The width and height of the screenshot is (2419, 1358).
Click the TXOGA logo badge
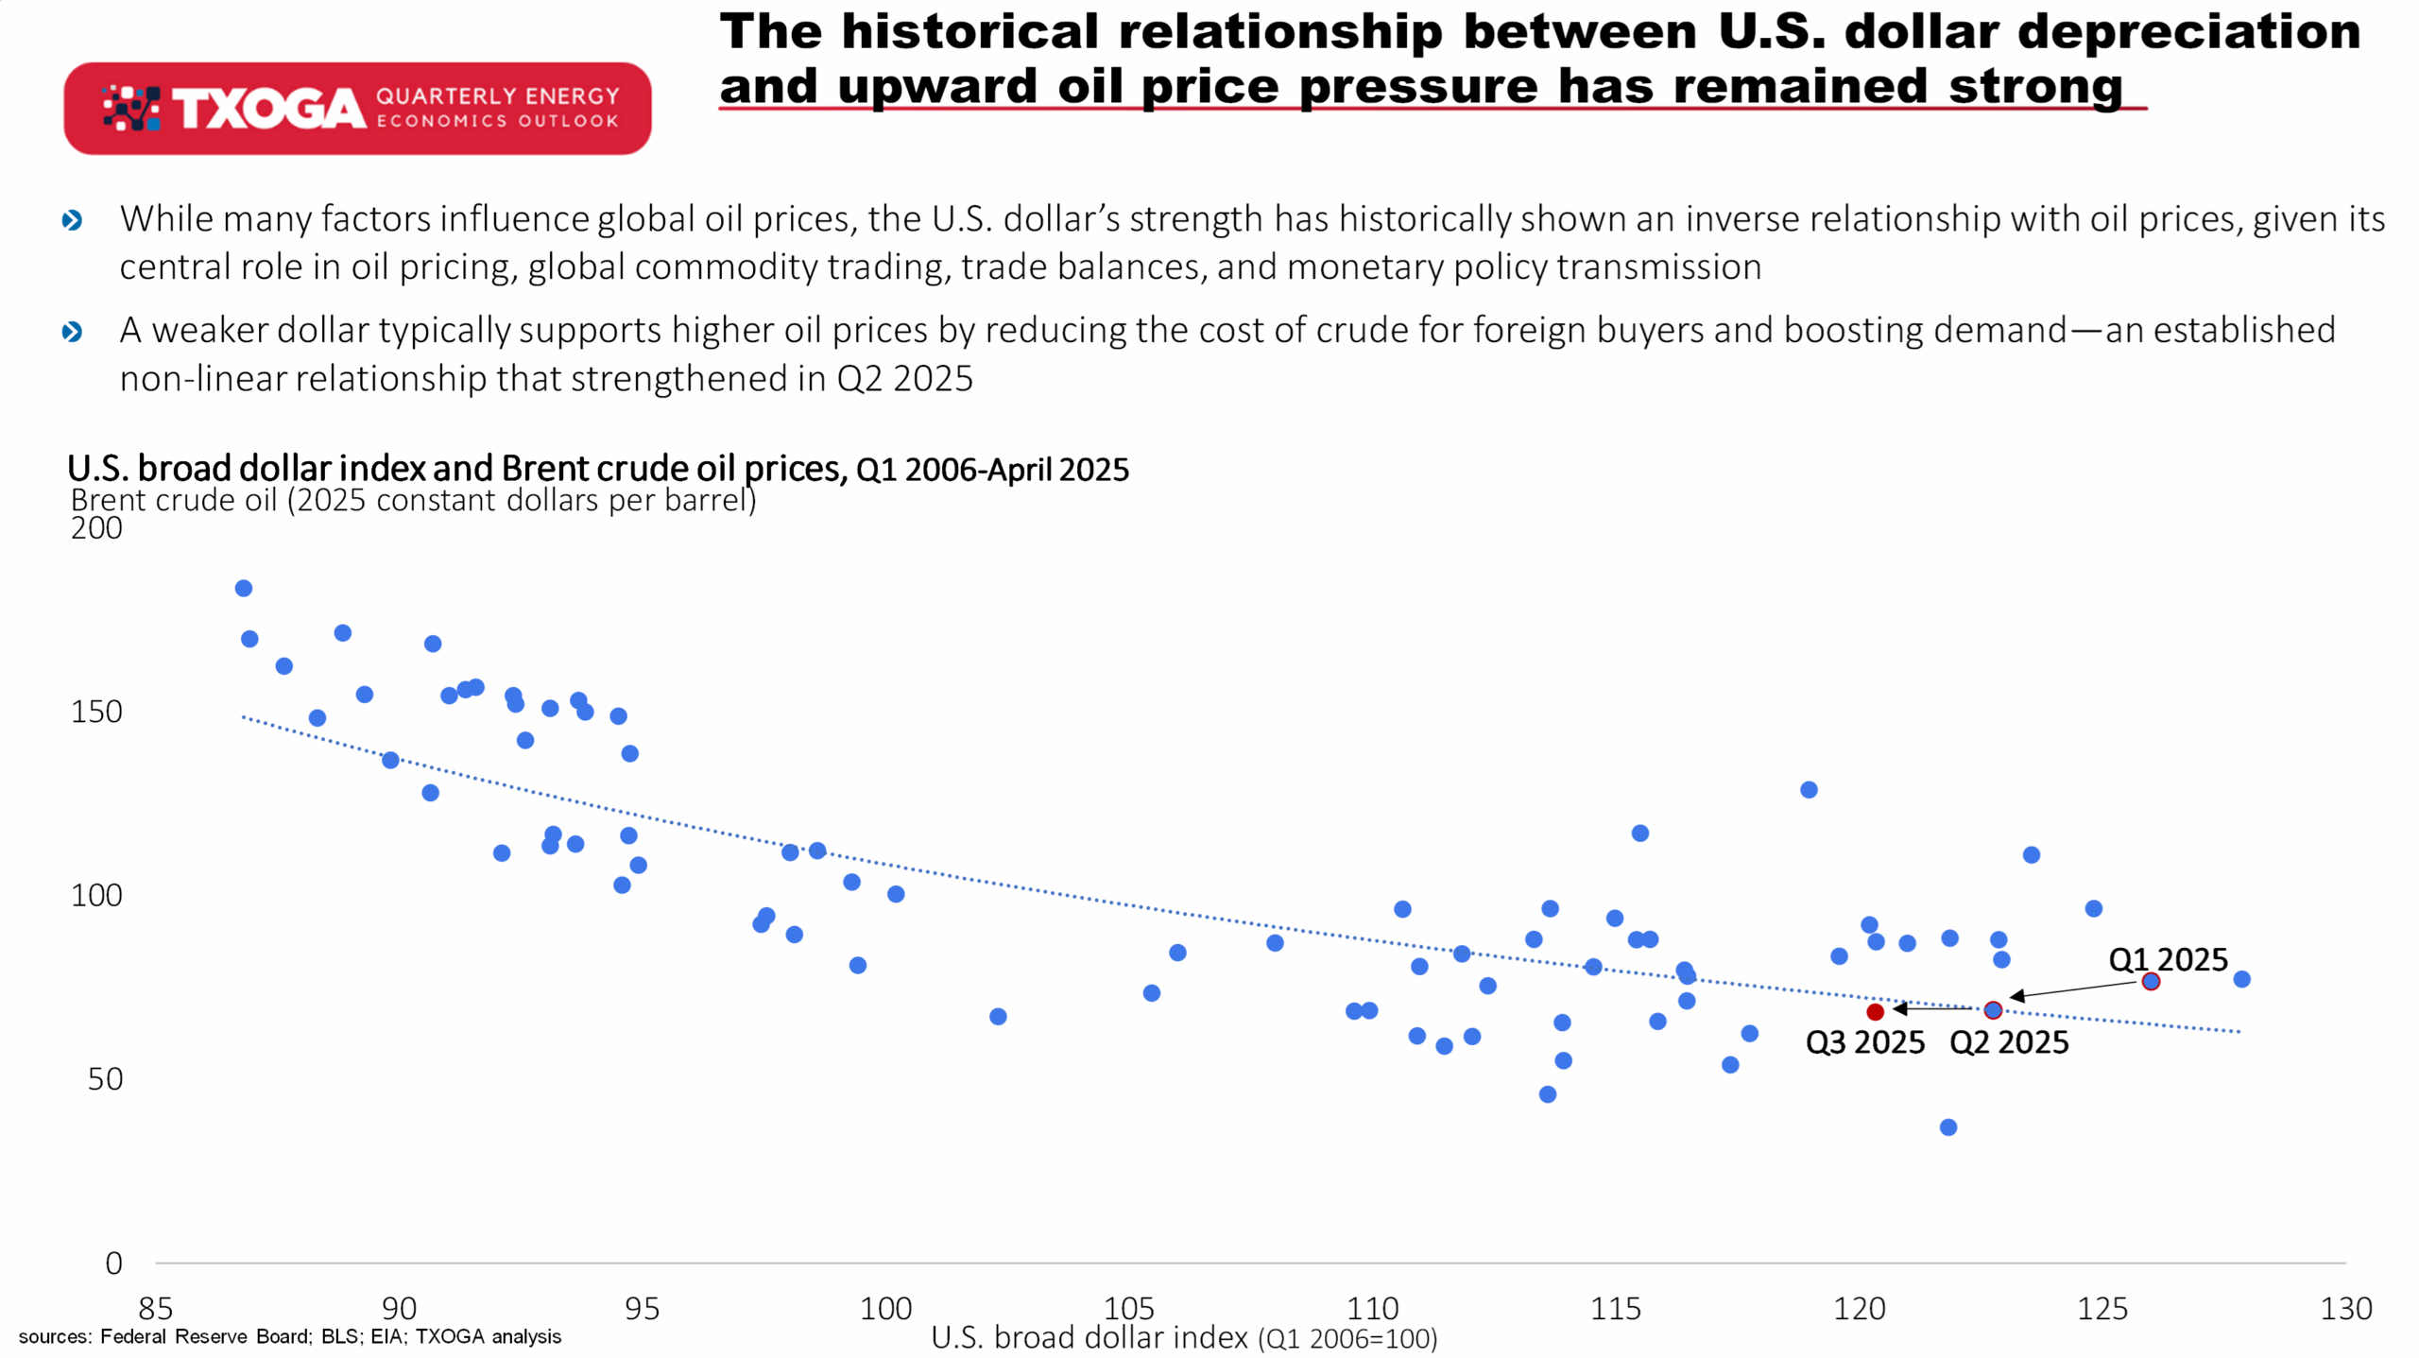[x=357, y=109]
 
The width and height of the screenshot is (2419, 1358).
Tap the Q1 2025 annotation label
[x=2168, y=959]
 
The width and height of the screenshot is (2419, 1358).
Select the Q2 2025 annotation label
[x=2009, y=1042]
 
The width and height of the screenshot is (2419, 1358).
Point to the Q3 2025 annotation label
[x=1864, y=1042]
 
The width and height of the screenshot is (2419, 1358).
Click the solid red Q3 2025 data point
[x=1876, y=1012]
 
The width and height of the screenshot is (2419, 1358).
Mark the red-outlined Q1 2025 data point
[x=2151, y=982]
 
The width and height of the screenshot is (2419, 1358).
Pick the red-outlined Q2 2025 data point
[x=1993, y=1010]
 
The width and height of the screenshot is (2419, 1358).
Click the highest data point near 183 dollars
[x=244, y=589]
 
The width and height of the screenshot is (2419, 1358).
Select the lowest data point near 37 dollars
[x=1948, y=1127]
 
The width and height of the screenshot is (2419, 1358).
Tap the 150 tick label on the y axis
[x=96, y=712]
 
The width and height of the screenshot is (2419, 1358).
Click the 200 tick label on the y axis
[x=96, y=527]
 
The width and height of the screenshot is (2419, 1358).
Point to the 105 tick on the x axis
[x=1129, y=1309]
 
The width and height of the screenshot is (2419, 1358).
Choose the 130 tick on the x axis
[x=2346, y=1309]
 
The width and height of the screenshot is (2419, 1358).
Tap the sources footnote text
[x=290, y=1336]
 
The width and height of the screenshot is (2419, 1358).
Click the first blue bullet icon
[x=72, y=220]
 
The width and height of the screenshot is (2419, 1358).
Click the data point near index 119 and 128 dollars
[x=1809, y=790]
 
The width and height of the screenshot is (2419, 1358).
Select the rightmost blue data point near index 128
[x=2241, y=979]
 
